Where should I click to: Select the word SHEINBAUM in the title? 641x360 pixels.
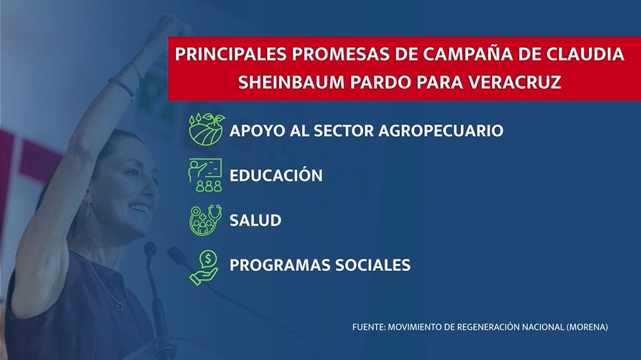[291, 83]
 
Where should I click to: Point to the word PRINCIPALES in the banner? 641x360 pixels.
[231, 55]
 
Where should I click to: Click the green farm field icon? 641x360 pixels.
[207, 129]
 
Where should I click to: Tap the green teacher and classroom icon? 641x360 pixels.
[205, 175]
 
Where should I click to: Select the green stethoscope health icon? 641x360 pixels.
[205, 220]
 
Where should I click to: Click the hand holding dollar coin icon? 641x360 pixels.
[204, 268]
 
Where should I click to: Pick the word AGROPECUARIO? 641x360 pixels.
[441, 130]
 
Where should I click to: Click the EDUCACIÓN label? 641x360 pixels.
[276, 175]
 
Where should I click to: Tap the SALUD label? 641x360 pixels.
[256, 220]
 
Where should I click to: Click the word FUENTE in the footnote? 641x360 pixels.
[368, 327]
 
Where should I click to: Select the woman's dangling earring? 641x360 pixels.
[88, 208]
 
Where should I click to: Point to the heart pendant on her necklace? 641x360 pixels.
[120, 305]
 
